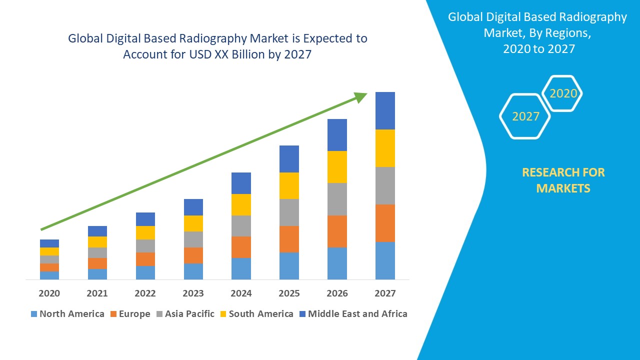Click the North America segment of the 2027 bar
385,260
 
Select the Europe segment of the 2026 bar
337,231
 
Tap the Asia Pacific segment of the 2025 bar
289,212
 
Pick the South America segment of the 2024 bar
241,204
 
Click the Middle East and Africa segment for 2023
193,207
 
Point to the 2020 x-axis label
49,293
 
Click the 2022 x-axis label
145,293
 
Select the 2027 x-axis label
385,293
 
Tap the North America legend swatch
34,314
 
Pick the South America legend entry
256,314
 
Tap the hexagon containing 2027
525,116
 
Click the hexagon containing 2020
563,93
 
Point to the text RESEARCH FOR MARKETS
563,180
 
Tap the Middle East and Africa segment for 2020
49,243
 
